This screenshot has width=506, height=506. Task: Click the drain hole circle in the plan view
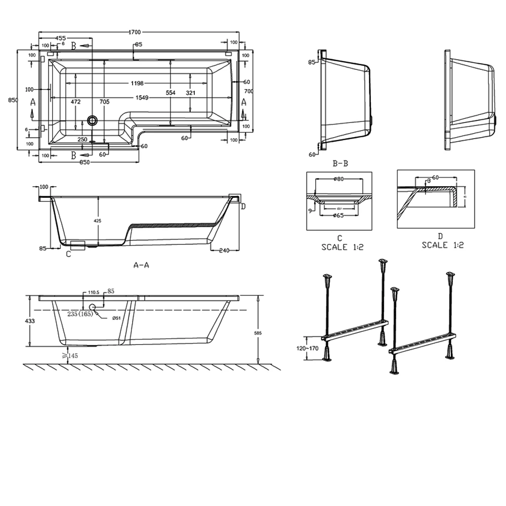coord(92,120)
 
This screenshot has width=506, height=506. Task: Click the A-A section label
coord(141,264)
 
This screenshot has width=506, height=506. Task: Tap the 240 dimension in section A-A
coord(225,249)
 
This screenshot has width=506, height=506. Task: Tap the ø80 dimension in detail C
coord(339,179)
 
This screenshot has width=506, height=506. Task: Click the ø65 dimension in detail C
coord(339,216)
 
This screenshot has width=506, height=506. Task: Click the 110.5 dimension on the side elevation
coord(92,292)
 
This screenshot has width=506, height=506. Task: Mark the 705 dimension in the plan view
coord(104,102)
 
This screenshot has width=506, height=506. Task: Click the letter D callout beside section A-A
coord(243,206)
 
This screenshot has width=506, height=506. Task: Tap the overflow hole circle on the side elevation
coord(93,307)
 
